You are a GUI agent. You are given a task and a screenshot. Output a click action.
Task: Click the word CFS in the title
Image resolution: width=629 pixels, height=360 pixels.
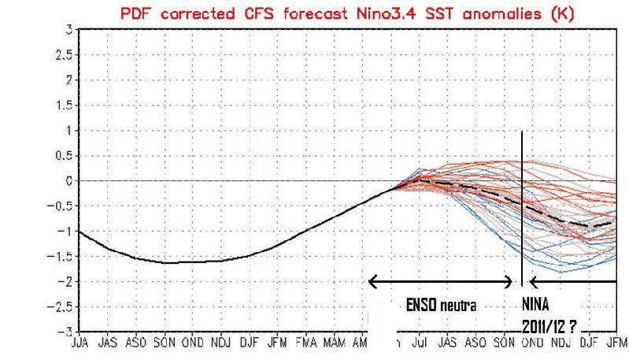point(256,10)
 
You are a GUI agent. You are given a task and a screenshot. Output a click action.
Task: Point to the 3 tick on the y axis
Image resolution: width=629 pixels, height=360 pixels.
point(69,29)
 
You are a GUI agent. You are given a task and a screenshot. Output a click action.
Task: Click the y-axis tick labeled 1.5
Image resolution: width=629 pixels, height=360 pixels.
point(65,105)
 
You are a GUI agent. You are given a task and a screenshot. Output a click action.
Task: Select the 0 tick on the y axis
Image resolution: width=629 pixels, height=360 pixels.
point(69,180)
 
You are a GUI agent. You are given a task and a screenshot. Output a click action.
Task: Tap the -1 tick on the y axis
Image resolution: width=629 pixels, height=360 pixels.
point(65,231)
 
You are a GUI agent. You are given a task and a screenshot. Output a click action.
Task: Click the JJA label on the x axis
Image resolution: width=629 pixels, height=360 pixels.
point(80,343)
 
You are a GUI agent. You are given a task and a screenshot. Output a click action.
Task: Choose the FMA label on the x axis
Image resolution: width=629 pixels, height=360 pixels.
point(307,343)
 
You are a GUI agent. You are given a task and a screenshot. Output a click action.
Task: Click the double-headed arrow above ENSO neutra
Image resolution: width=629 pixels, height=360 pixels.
point(440,281)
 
